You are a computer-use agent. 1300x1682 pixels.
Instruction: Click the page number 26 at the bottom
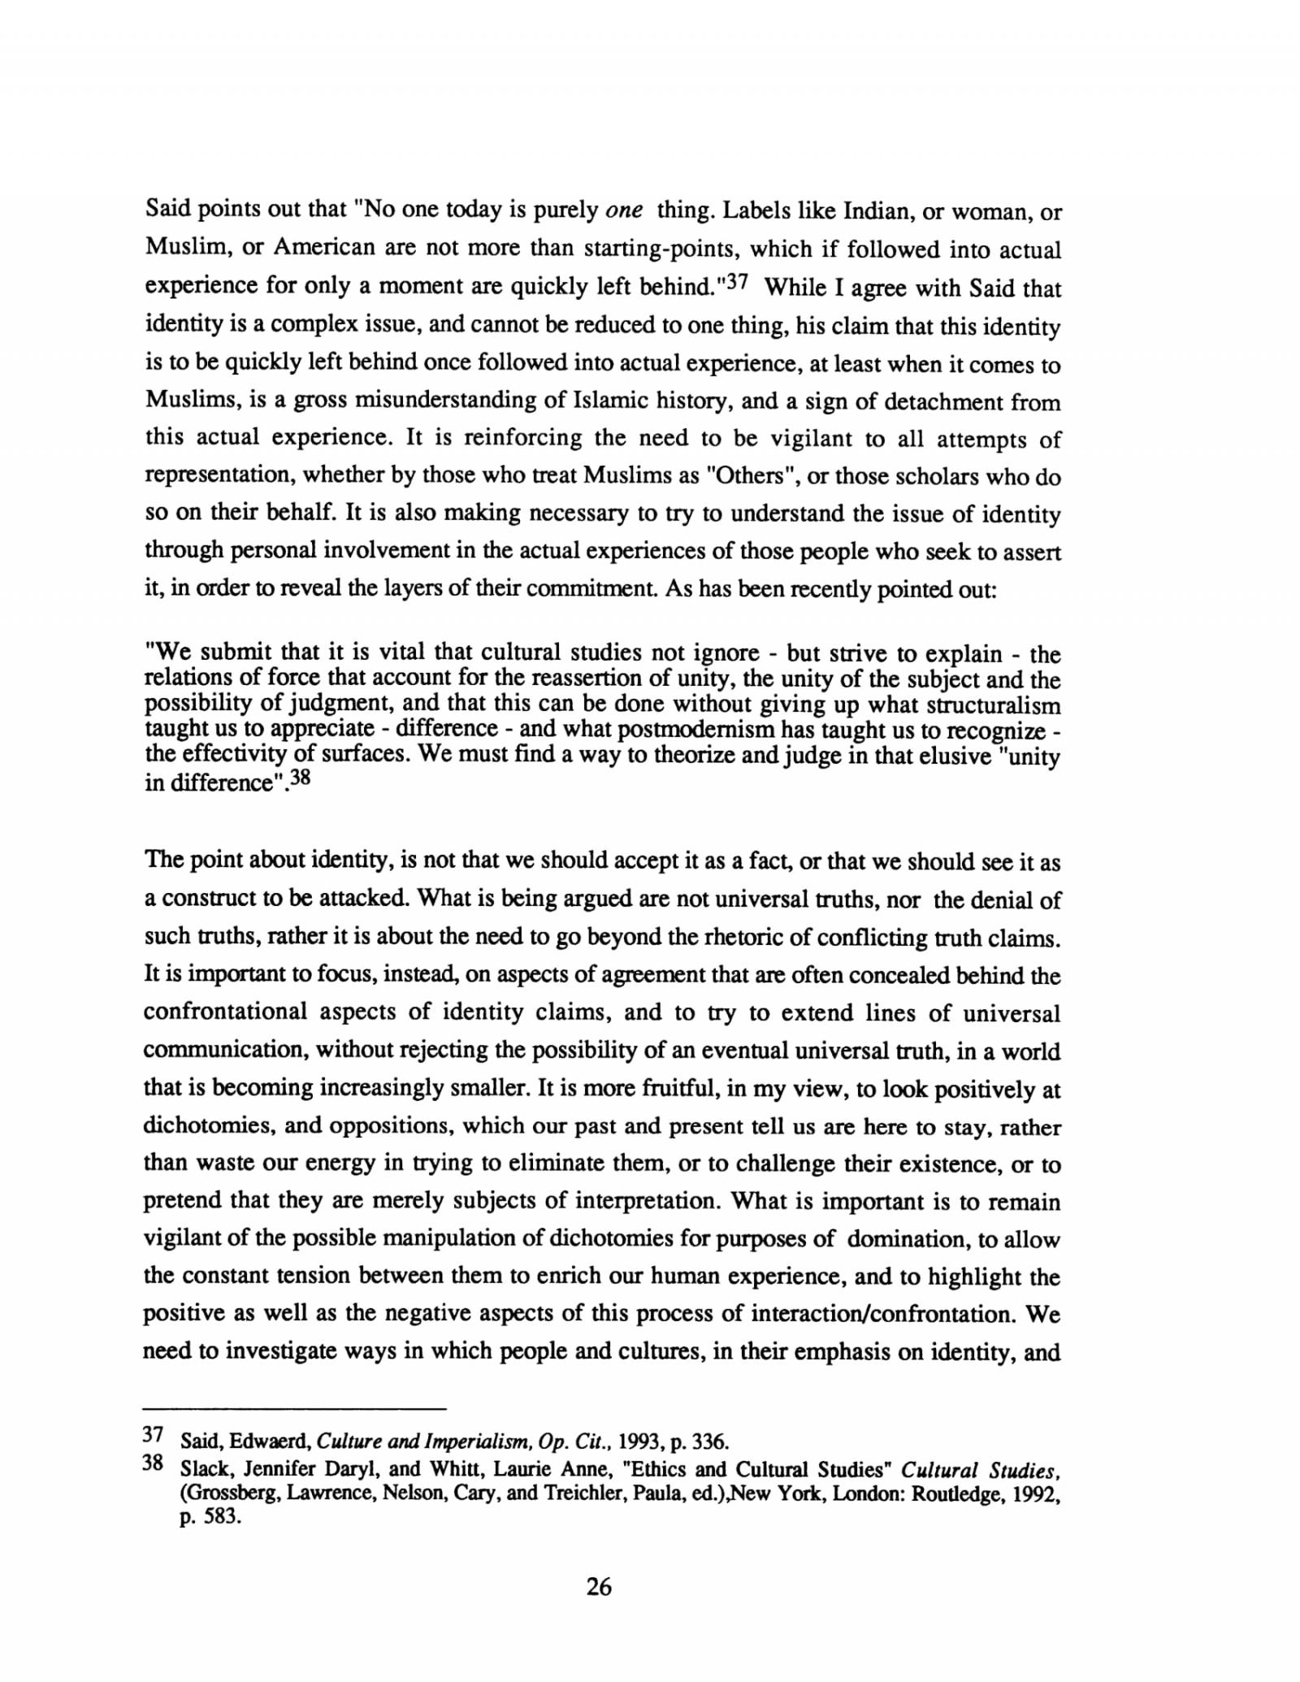(598, 1585)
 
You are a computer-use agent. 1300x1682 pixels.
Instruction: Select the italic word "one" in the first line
(625, 211)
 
